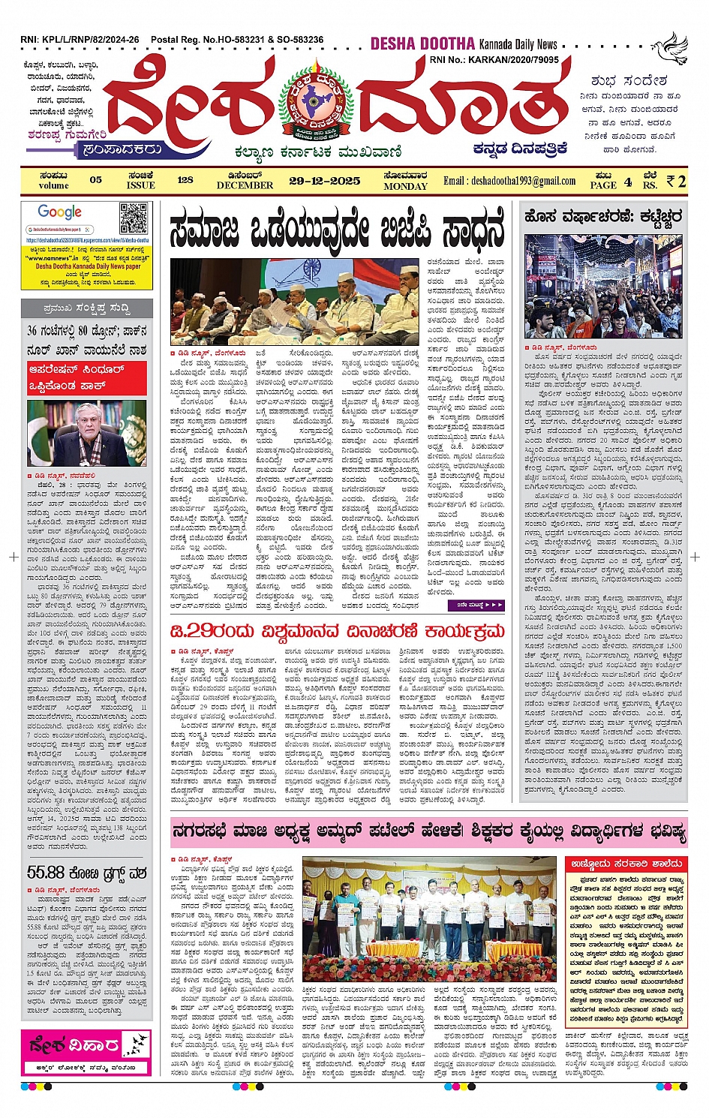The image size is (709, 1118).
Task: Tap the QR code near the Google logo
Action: pos(134,220)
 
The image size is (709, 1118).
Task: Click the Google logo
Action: pos(59,212)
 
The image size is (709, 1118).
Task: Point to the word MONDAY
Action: pos(405,186)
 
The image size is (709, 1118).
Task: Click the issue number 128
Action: pos(185,180)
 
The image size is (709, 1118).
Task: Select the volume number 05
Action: pos(95,180)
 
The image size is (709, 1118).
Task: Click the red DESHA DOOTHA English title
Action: pos(423,44)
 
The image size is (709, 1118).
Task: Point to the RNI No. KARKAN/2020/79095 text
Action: pos(494,59)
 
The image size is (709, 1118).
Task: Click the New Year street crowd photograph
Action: pos(603,287)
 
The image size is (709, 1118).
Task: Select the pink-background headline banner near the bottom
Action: pos(428,831)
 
